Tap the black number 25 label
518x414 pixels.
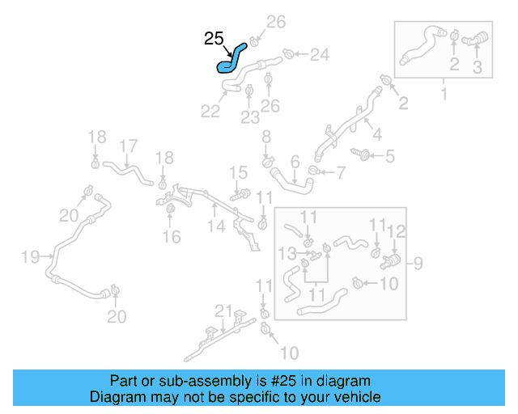coord(214,38)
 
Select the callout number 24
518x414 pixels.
coord(320,55)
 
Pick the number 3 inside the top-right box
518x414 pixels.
coord(477,68)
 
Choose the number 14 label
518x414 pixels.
coord(214,227)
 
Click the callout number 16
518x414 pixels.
coord(171,237)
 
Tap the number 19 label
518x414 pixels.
coord(30,257)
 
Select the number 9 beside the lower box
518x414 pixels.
coord(418,262)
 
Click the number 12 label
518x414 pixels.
coord(396,231)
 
